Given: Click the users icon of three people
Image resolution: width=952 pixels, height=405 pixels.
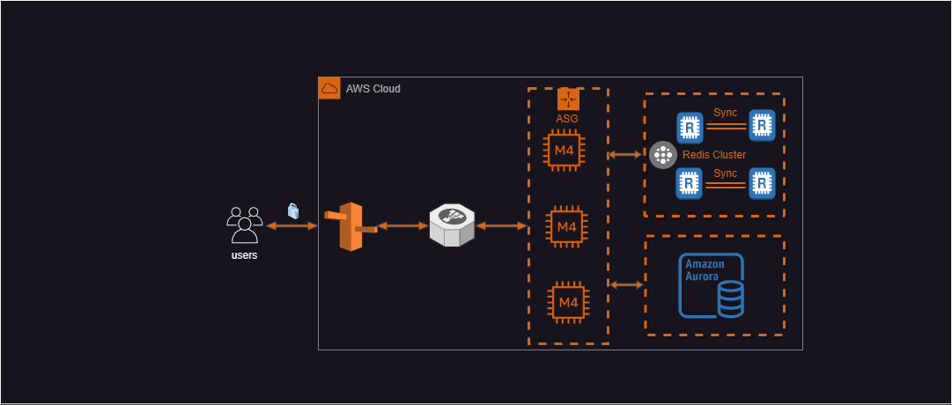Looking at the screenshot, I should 244,225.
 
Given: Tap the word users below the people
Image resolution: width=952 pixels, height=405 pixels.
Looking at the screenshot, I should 244,255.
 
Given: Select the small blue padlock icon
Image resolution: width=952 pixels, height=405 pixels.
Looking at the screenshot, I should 293,211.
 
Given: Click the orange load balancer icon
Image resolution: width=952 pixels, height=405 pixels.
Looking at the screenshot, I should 351,226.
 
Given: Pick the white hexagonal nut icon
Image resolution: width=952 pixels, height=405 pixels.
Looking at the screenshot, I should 452,226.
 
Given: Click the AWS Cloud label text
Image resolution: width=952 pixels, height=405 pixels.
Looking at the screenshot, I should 373,89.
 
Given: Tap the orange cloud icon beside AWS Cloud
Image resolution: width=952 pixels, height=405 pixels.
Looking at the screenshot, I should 329,88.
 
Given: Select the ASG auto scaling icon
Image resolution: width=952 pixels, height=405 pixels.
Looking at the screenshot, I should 568,99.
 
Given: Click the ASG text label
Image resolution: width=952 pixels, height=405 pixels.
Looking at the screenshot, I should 567,118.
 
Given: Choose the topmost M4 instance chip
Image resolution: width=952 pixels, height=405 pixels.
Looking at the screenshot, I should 565,152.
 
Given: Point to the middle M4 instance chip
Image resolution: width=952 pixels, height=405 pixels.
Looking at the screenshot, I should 565,227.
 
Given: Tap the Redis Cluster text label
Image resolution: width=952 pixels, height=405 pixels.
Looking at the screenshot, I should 714,155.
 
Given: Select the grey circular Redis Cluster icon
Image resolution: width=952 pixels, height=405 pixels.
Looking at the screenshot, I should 662,155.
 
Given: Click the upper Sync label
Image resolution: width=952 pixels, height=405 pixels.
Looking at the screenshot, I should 725,114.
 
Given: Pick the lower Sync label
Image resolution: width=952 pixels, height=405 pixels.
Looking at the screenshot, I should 725,173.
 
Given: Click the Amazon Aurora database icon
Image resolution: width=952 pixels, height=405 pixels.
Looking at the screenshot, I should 712,285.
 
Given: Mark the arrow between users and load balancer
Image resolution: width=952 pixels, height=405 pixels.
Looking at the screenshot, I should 292,226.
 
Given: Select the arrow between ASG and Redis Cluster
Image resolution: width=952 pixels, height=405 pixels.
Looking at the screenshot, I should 625,155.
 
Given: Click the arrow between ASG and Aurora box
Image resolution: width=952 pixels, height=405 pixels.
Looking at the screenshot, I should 626,284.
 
